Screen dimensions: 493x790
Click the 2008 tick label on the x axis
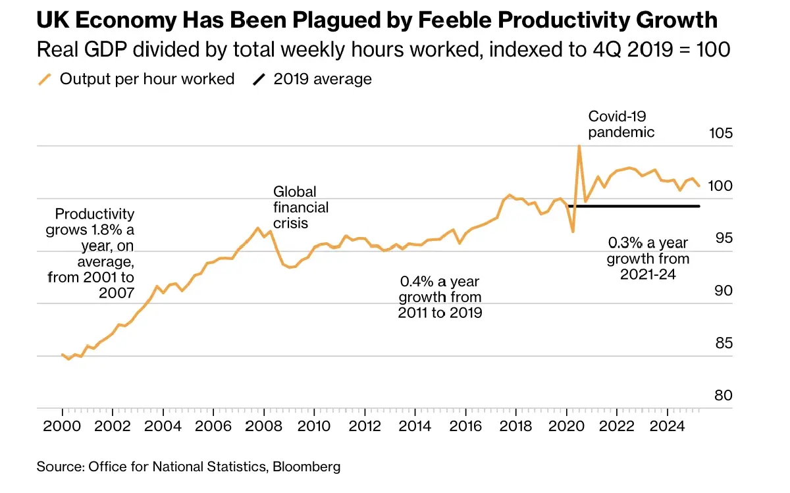(263, 426)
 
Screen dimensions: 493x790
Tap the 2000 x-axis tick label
(62, 426)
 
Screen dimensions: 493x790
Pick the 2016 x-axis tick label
(465, 426)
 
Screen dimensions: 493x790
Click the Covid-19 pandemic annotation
(621, 124)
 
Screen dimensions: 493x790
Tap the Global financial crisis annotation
(300, 207)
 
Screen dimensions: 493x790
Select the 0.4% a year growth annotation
(440, 297)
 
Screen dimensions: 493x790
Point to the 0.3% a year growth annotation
(648, 258)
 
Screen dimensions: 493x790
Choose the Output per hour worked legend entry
(136, 80)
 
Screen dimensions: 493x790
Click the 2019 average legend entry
(313, 80)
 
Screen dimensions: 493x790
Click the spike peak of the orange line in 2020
(579, 146)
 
